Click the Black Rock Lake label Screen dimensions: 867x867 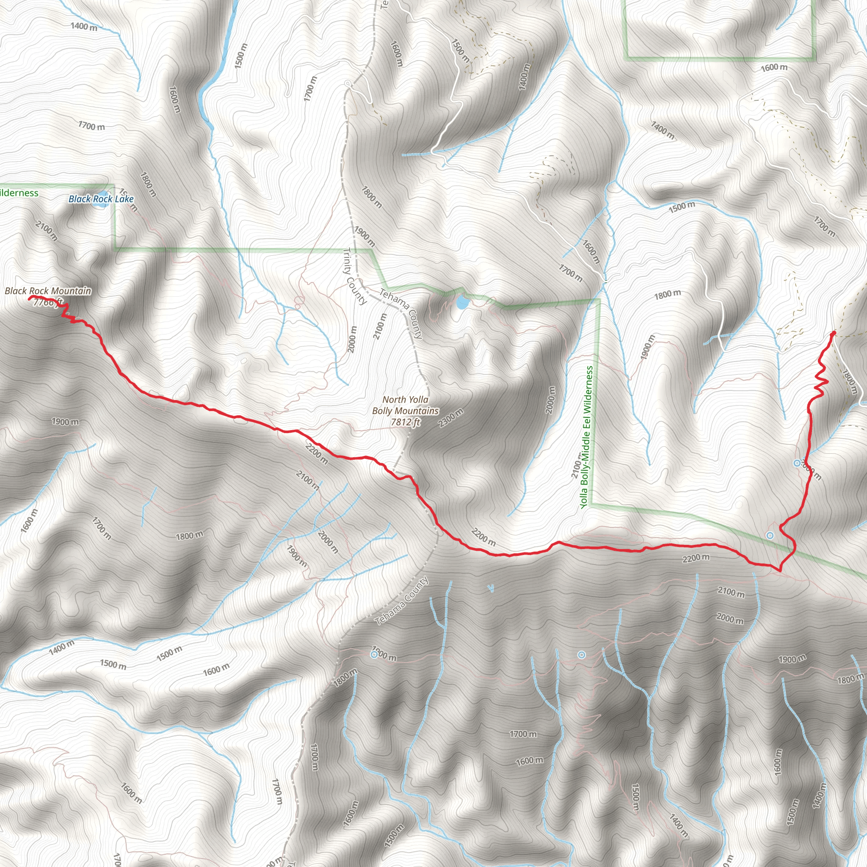[x=101, y=199]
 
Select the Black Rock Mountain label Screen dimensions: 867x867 [x=47, y=291]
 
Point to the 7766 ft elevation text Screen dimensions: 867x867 [x=47, y=302]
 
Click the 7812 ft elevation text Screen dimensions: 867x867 [x=405, y=422]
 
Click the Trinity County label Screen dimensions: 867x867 [x=354, y=276]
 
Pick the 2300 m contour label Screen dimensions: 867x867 [x=450, y=418]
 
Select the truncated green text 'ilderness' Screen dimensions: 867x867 [x=19, y=193]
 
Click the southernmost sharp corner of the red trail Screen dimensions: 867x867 [x=779, y=571]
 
